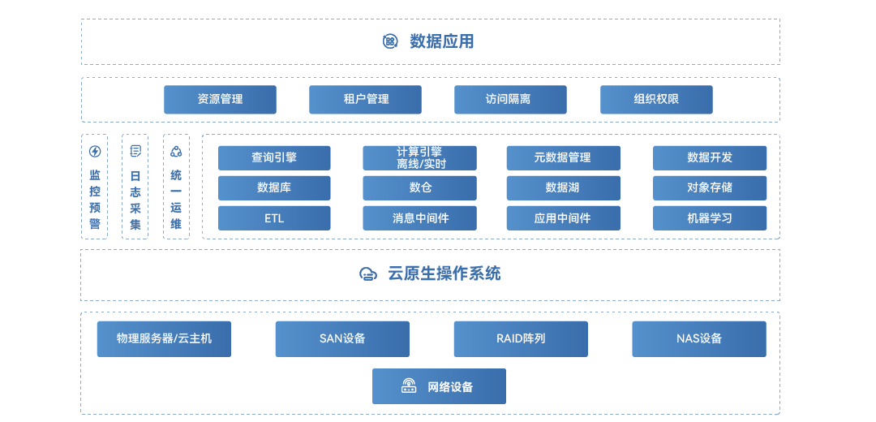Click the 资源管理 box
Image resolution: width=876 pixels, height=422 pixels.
(220, 100)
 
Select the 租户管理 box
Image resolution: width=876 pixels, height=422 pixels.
(365, 100)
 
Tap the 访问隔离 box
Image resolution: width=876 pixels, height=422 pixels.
(509, 100)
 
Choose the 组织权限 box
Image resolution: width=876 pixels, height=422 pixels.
(656, 100)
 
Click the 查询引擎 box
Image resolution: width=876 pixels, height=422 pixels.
(274, 157)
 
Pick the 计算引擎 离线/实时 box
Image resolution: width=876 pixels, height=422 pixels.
(419, 157)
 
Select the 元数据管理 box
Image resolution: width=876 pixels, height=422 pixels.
(563, 157)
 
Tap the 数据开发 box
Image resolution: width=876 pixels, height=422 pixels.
(710, 157)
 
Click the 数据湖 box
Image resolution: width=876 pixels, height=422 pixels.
(563, 187)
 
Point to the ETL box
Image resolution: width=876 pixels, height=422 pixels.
(274, 218)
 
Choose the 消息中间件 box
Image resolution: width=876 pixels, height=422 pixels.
(419, 218)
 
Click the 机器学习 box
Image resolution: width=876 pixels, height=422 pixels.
(710, 218)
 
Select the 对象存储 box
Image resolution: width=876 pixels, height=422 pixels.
(710, 187)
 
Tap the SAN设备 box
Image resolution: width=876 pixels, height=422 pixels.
(342, 338)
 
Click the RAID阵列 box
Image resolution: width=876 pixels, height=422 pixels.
(521, 338)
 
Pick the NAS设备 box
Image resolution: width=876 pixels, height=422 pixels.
(699, 338)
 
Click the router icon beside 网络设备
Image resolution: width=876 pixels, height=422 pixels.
(409, 386)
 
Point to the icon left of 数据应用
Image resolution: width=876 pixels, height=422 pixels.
(390, 41)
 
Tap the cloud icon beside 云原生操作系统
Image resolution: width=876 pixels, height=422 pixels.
(367, 274)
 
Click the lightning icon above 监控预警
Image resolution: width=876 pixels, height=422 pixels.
(95, 151)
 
